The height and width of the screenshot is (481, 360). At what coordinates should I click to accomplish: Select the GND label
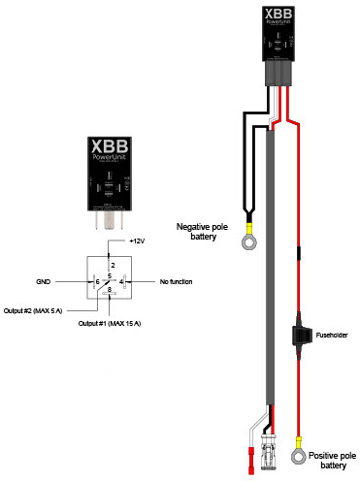(43, 281)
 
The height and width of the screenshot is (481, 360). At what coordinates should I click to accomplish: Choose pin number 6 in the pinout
(97, 281)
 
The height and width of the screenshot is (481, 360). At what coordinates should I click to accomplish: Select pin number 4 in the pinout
(122, 281)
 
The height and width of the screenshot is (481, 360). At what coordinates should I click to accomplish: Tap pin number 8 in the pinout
(111, 290)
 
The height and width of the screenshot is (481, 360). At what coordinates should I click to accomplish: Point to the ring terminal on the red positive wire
(301, 452)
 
